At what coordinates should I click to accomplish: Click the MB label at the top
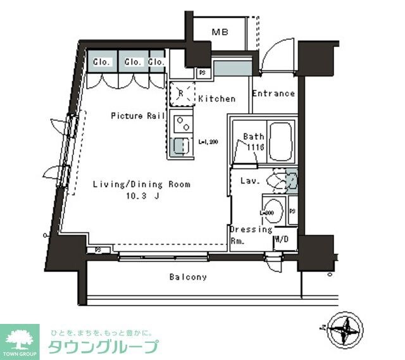point(220,32)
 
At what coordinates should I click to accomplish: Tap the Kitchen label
point(216,99)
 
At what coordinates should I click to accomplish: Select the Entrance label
point(273,94)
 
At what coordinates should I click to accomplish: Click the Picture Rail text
point(138,116)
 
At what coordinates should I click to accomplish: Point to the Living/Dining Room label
point(142,185)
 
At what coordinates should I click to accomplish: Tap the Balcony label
point(187,277)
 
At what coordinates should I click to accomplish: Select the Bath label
point(253,137)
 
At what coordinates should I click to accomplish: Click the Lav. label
point(248,181)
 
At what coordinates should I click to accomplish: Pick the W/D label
point(282,240)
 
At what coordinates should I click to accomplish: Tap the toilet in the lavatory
point(280,181)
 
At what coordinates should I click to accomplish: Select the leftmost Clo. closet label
point(102,62)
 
